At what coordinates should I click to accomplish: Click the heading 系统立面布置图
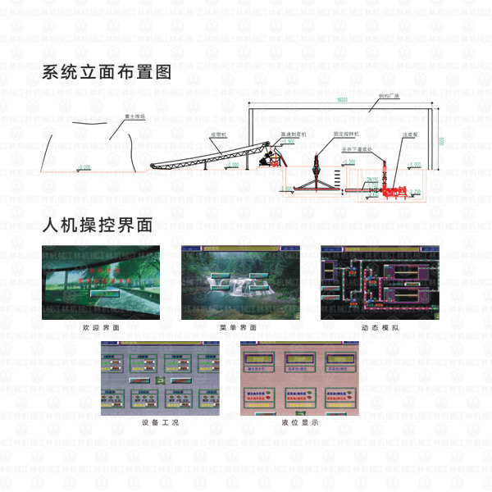(107, 72)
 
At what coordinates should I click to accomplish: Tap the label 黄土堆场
(134, 117)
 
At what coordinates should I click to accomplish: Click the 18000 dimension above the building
(342, 100)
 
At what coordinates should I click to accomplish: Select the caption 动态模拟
(380, 327)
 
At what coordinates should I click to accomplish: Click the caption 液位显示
(299, 422)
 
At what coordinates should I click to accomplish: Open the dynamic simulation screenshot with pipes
(380, 282)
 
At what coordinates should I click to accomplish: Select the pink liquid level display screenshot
(299, 379)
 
